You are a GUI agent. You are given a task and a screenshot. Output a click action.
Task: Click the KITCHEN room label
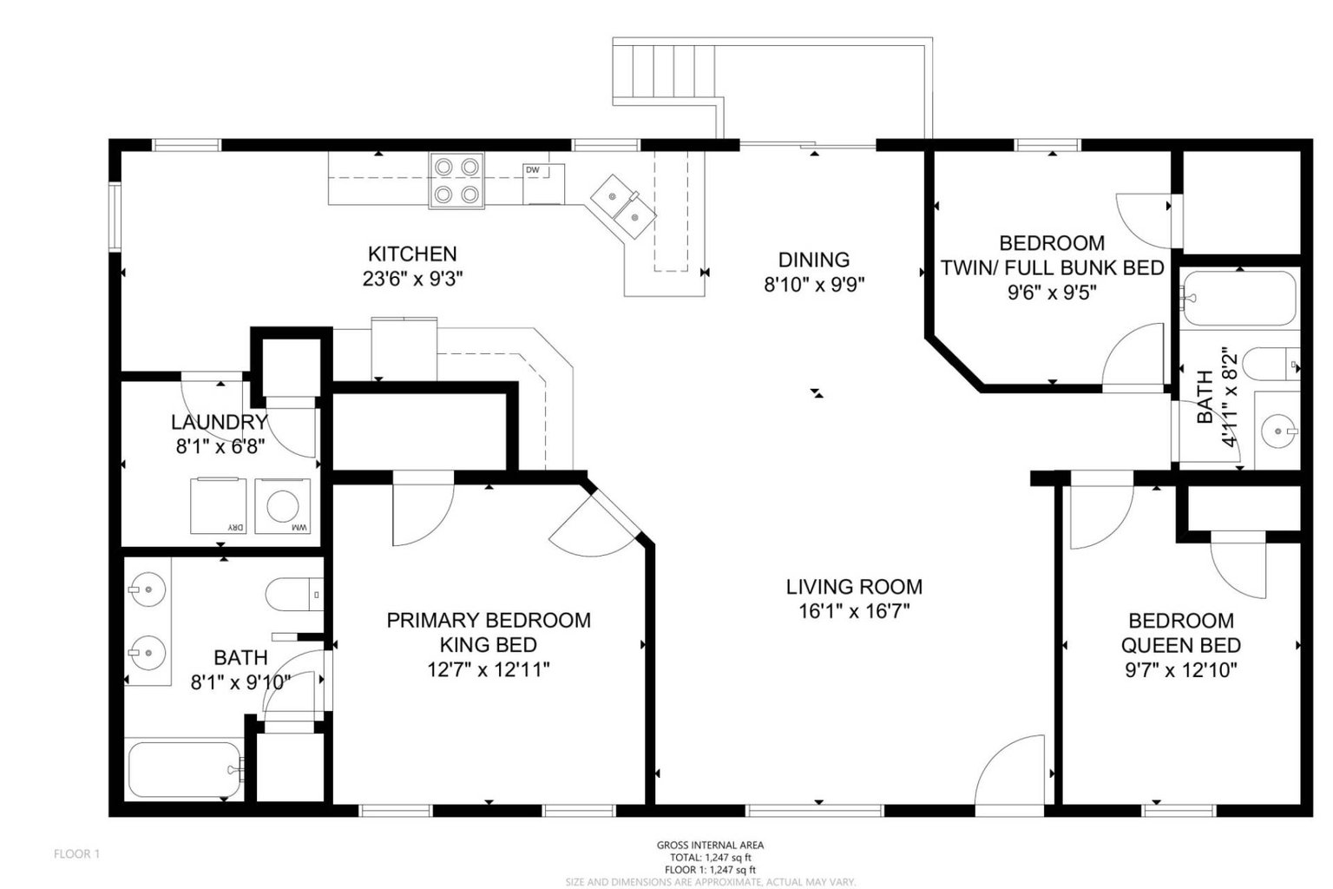[412, 254]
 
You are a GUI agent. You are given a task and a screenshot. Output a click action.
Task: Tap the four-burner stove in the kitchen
[456, 181]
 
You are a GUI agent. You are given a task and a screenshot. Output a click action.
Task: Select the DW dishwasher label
[532, 170]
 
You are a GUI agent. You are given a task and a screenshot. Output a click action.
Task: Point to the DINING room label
[813, 260]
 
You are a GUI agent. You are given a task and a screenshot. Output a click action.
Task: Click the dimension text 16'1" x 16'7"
[853, 611]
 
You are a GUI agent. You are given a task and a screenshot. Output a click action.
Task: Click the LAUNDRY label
[219, 423]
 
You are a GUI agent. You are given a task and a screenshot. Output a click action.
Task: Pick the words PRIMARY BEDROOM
[489, 620]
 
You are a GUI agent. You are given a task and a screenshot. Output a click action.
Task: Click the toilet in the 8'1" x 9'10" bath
[292, 595]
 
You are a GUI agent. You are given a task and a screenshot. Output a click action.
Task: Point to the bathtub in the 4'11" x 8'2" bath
[1238, 299]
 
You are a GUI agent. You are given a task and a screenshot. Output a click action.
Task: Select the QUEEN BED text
[1180, 645]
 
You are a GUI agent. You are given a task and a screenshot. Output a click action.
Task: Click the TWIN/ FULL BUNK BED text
[1052, 267]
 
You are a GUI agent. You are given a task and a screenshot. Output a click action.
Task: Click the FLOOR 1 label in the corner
[77, 854]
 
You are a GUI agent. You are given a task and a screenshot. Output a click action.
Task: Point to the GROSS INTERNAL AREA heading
[710, 845]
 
